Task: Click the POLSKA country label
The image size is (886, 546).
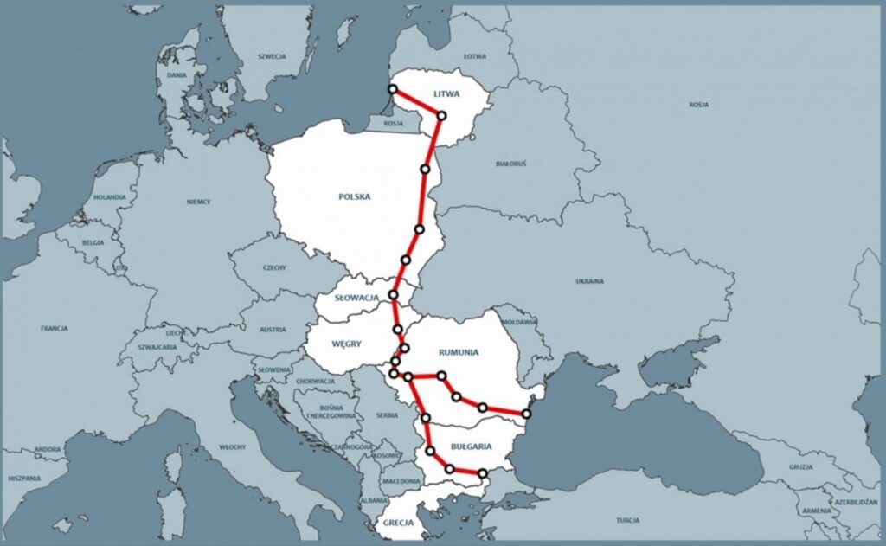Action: point(354,196)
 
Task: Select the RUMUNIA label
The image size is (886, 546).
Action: point(459,351)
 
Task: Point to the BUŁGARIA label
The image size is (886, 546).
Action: point(472,447)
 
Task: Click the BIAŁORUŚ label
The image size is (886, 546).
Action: point(511,163)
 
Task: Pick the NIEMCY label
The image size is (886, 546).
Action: point(198,201)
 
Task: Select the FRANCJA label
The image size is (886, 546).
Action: point(54,329)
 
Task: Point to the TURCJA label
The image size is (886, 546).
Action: point(628,520)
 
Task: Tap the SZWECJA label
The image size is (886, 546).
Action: point(272,55)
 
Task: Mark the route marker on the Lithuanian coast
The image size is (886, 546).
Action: point(393,89)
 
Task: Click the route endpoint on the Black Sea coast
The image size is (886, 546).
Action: point(526,414)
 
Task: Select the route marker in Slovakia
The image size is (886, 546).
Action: point(394,295)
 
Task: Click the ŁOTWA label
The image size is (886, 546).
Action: point(475,56)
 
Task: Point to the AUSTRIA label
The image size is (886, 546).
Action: point(273,329)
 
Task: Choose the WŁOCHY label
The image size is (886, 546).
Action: point(233,446)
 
